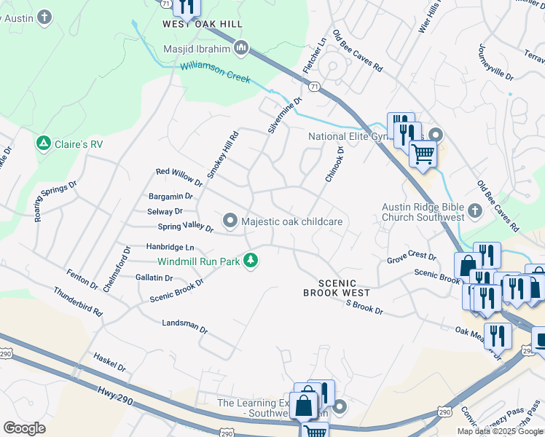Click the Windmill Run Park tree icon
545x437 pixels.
pyautogui.click(x=251, y=260)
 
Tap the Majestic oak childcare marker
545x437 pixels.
pyautogui.click(x=231, y=221)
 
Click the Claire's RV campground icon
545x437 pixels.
pyautogui.click(x=44, y=143)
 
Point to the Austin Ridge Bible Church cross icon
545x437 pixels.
pyautogui.click(x=475, y=211)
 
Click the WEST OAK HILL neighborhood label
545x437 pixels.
pyautogui.click(x=202, y=24)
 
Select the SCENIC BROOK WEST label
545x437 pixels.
pyautogui.click(x=330, y=288)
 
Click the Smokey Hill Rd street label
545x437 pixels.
pyautogui.click(x=222, y=154)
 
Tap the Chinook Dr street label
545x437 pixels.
pyautogui.click(x=334, y=164)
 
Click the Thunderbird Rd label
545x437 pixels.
pyautogui.click(x=77, y=301)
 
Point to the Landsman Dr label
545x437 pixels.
pyautogui.click(x=184, y=325)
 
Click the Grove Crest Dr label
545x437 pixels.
pyautogui.click(x=411, y=257)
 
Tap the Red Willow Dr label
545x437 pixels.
pyautogui.click(x=179, y=176)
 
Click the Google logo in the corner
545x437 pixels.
pyautogui.click(x=24, y=428)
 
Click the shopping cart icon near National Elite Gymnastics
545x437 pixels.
pyautogui.click(x=423, y=154)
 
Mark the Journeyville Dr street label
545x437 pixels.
pyautogui.click(x=495, y=62)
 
